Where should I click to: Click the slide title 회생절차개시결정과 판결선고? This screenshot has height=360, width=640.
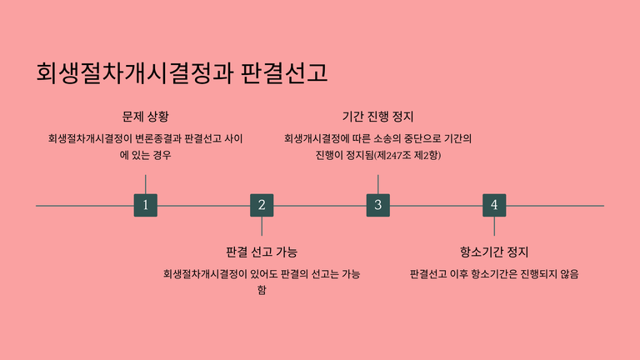pos(182,73)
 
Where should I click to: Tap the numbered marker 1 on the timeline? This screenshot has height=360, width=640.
pos(145,205)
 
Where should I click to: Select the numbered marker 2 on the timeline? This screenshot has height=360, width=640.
pos(262,205)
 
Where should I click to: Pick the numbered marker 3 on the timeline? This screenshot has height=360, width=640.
pos(377,205)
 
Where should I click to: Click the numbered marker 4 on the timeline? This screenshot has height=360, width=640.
pos(494,205)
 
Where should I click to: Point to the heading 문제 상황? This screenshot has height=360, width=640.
pos(145,116)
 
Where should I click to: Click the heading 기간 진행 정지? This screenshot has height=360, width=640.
pos(377,116)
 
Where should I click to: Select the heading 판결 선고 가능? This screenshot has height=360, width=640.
pos(262,252)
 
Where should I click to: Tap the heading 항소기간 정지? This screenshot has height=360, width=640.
pos(494,252)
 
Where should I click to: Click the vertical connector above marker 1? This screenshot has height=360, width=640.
pos(145,184)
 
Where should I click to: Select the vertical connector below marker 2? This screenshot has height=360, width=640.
pos(262,226)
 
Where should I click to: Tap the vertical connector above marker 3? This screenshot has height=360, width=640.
pos(377,184)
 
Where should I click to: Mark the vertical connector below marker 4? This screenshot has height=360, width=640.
pos(494,226)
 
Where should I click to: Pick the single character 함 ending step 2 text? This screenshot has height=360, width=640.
pos(262,290)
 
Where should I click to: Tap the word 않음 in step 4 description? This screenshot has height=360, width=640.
pos(567,273)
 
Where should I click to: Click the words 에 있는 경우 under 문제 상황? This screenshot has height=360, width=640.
pos(145,155)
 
